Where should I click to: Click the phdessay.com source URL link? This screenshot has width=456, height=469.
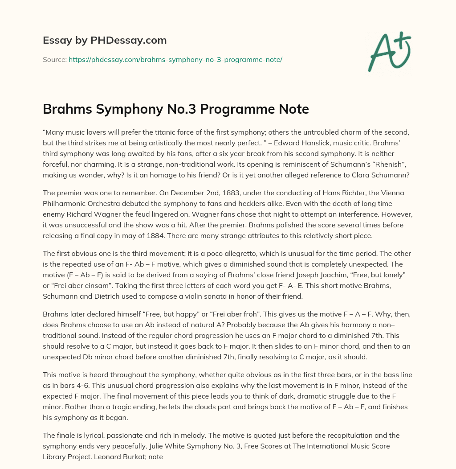click(x=175, y=59)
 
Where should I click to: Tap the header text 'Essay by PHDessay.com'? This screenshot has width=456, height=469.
click(x=105, y=41)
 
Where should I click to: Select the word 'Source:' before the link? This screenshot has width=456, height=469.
click(x=54, y=59)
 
